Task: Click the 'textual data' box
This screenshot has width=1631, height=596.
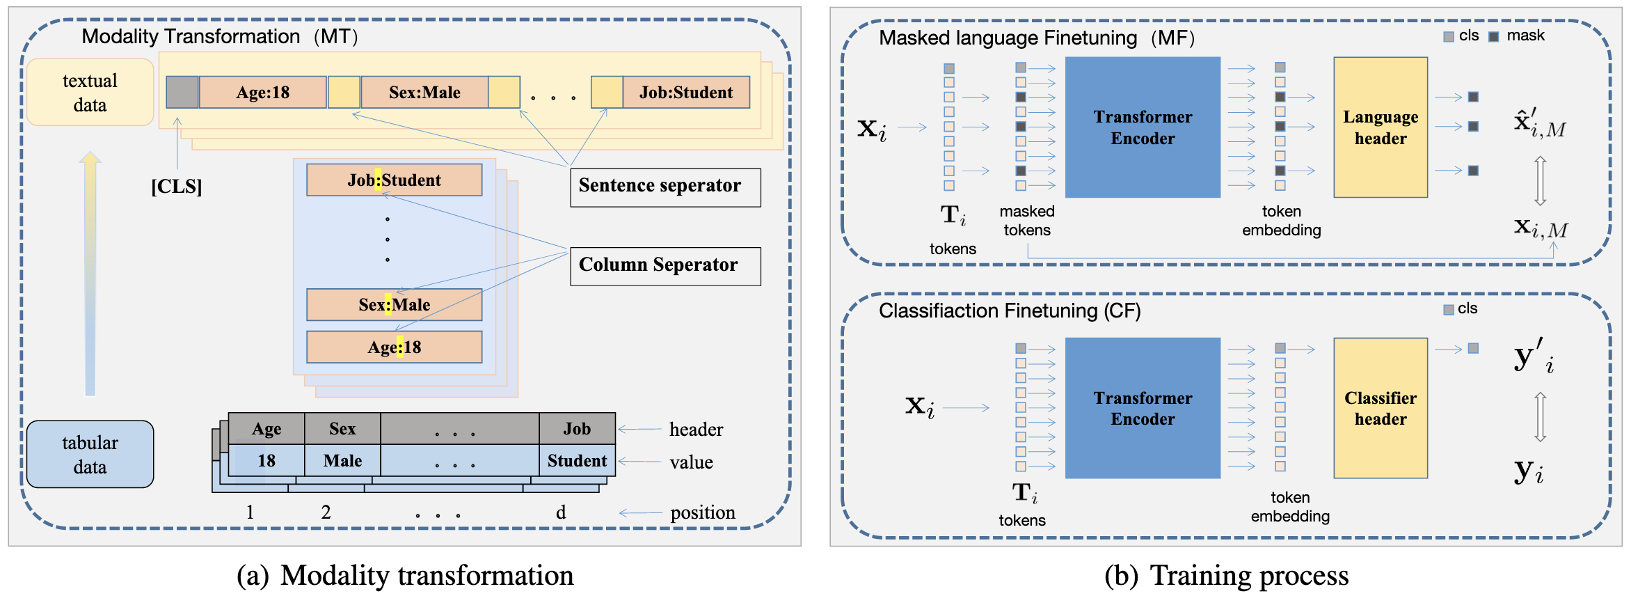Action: point(90,93)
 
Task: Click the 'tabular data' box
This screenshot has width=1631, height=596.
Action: point(90,454)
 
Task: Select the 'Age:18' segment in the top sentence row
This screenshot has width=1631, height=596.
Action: point(262,93)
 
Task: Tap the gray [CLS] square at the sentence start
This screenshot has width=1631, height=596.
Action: point(182,93)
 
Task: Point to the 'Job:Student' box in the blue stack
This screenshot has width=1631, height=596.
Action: point(394,180)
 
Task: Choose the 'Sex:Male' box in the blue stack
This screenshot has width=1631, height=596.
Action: point(394,305)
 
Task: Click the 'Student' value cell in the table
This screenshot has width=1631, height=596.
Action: point(576,461)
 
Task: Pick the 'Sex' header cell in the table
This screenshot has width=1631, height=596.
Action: point(342,429)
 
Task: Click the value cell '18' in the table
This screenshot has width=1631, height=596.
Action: point(266,461)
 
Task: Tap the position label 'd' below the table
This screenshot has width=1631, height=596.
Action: point(561,513)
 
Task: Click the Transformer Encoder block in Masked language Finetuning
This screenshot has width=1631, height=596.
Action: point(1143,127)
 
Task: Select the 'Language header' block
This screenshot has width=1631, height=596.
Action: point(1380,127)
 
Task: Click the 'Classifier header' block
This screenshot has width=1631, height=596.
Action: point(1380,408)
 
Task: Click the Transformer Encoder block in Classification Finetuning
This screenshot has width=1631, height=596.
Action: point(1143,408)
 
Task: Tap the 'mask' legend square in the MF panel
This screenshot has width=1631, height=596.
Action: point(1493,36)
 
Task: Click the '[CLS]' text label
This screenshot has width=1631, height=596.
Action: point(177,187)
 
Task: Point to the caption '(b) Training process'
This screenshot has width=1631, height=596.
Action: point(1226,576)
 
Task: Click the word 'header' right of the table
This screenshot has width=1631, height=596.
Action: point(696,430)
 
